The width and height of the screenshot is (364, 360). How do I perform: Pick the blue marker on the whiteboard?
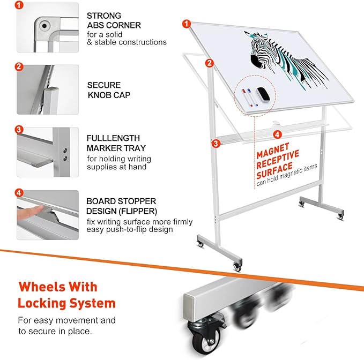tap(253, 100)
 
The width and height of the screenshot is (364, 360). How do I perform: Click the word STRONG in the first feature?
tap(104, 16)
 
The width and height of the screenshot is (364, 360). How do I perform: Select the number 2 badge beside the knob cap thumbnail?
tap(19, 67)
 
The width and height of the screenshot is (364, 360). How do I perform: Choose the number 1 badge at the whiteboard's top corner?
tap(186, 23)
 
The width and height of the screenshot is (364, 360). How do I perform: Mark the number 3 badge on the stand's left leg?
tap(215, 143)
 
